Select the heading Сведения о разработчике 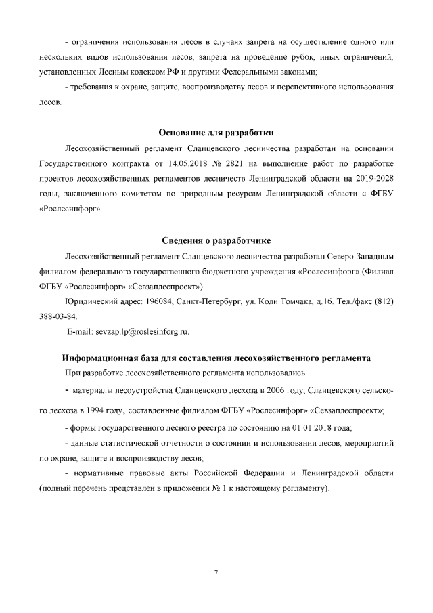pos(216,242)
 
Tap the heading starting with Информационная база pos(216,357)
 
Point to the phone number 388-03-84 pos(59,316)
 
